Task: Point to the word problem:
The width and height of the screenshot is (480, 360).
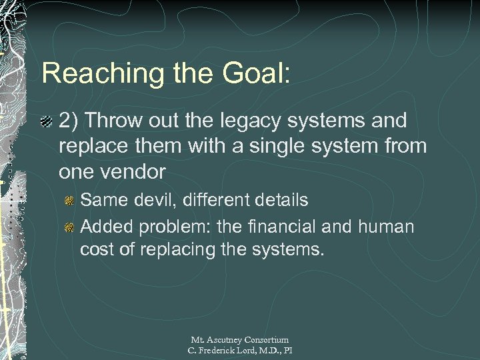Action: (171, 227)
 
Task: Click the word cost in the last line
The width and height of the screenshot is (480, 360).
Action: (97, 250)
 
